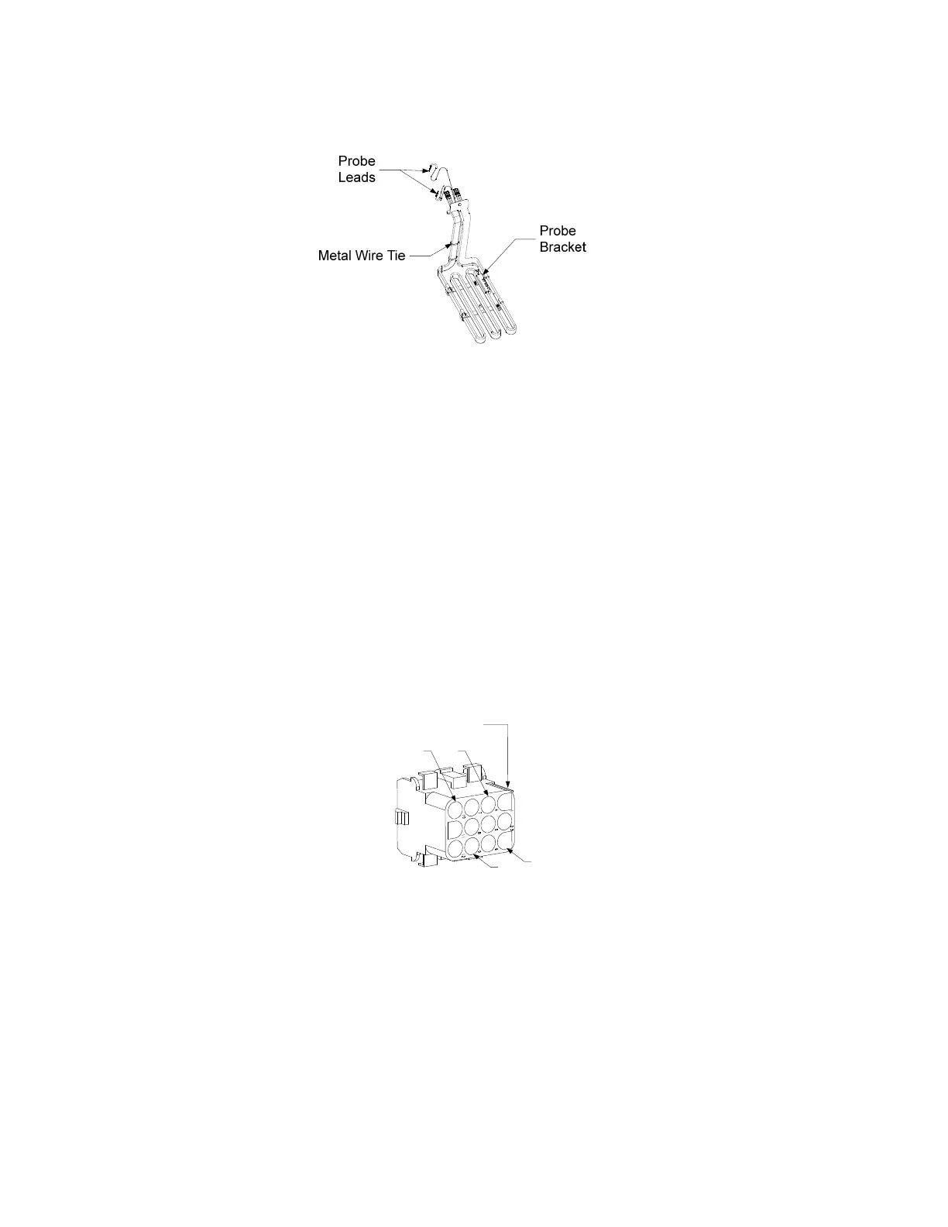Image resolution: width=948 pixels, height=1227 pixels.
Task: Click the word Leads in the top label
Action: [x=356, y=177]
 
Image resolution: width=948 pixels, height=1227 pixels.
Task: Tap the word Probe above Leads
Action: [x=356, y=161]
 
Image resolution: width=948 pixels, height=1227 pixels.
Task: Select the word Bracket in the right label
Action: [x=562, y=247]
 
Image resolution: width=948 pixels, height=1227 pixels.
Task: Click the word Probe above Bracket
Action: [x=558, y=231]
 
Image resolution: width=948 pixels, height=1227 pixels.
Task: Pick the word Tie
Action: [x=396, y=255]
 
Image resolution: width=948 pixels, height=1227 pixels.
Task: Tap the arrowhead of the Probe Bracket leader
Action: [x=484, y=273]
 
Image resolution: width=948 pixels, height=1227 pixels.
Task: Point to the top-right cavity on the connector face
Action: [x=506, y=800]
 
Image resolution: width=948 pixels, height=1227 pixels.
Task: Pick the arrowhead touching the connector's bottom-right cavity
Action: [x=512, y=849]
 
